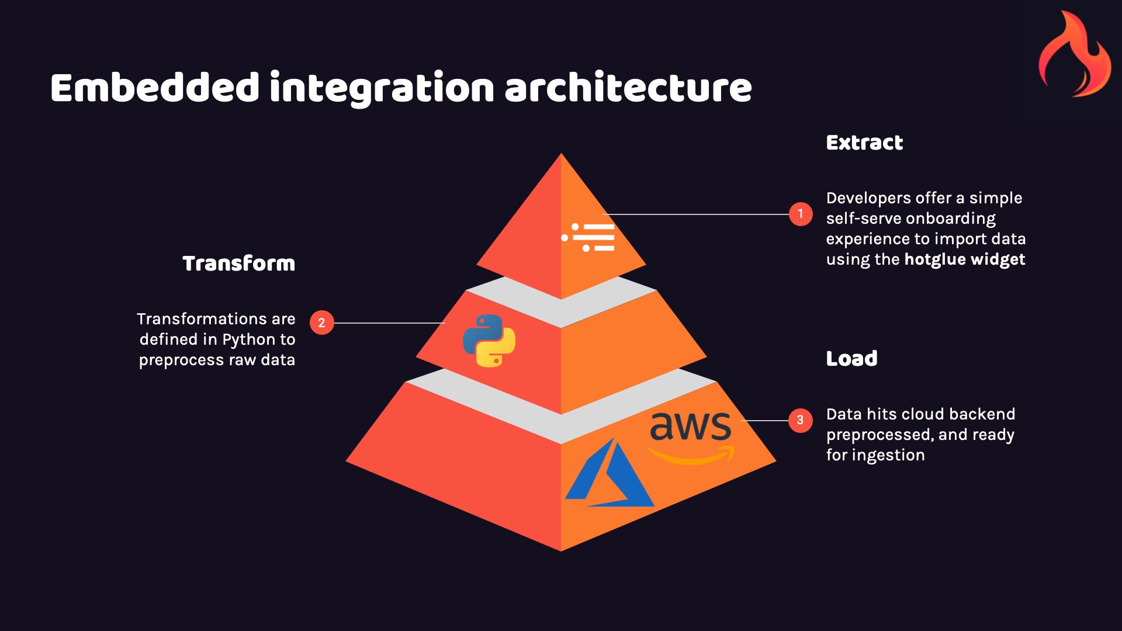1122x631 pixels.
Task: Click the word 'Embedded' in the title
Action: [155, 88]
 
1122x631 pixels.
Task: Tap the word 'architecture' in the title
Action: [628, 88]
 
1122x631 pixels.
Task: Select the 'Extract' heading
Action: [864, 143]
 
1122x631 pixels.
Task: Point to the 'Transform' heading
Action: [238, 264]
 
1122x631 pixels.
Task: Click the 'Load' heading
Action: [851, 359]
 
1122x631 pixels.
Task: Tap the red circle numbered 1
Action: [801, 214]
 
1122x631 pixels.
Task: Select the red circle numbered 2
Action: [321, 323]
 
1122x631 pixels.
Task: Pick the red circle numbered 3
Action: [800, 420]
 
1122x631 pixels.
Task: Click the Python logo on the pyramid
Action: [489, 341]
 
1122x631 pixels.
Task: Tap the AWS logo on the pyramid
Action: [691, 435]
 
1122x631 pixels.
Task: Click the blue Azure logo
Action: [610, 474]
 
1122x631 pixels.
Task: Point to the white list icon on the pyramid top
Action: [588, 237]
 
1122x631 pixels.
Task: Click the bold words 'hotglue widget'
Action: [964, 259]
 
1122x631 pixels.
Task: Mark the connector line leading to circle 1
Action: [695, 214]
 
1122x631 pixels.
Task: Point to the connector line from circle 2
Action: [389, 323]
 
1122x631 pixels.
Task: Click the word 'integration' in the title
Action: [382, 88]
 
